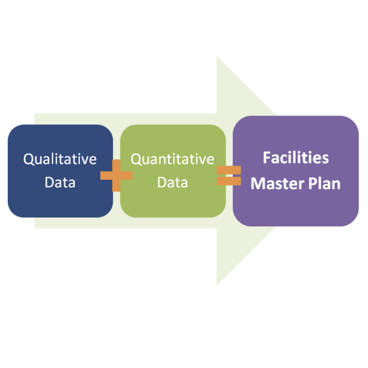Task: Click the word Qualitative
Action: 60,159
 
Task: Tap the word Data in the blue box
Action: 60,182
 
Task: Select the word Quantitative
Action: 172,159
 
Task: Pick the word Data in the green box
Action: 172,182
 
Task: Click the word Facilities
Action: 295,158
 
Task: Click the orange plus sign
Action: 116,175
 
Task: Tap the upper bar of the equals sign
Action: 229,170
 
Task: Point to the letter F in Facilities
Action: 266,158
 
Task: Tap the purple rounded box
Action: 295,208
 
